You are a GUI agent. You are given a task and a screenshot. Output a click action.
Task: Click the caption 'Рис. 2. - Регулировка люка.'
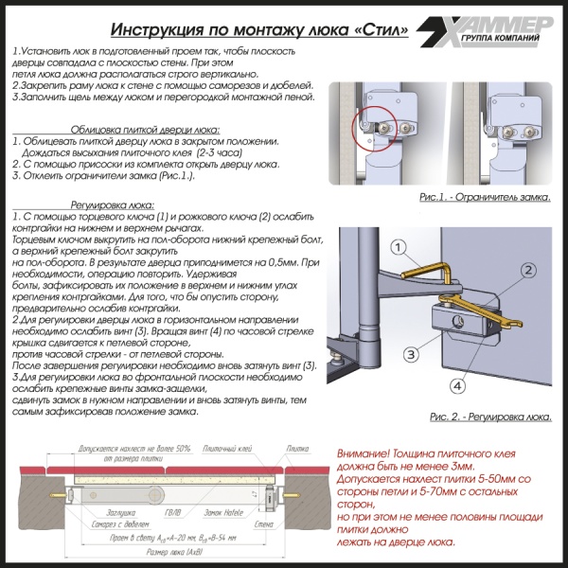point(489,416)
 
